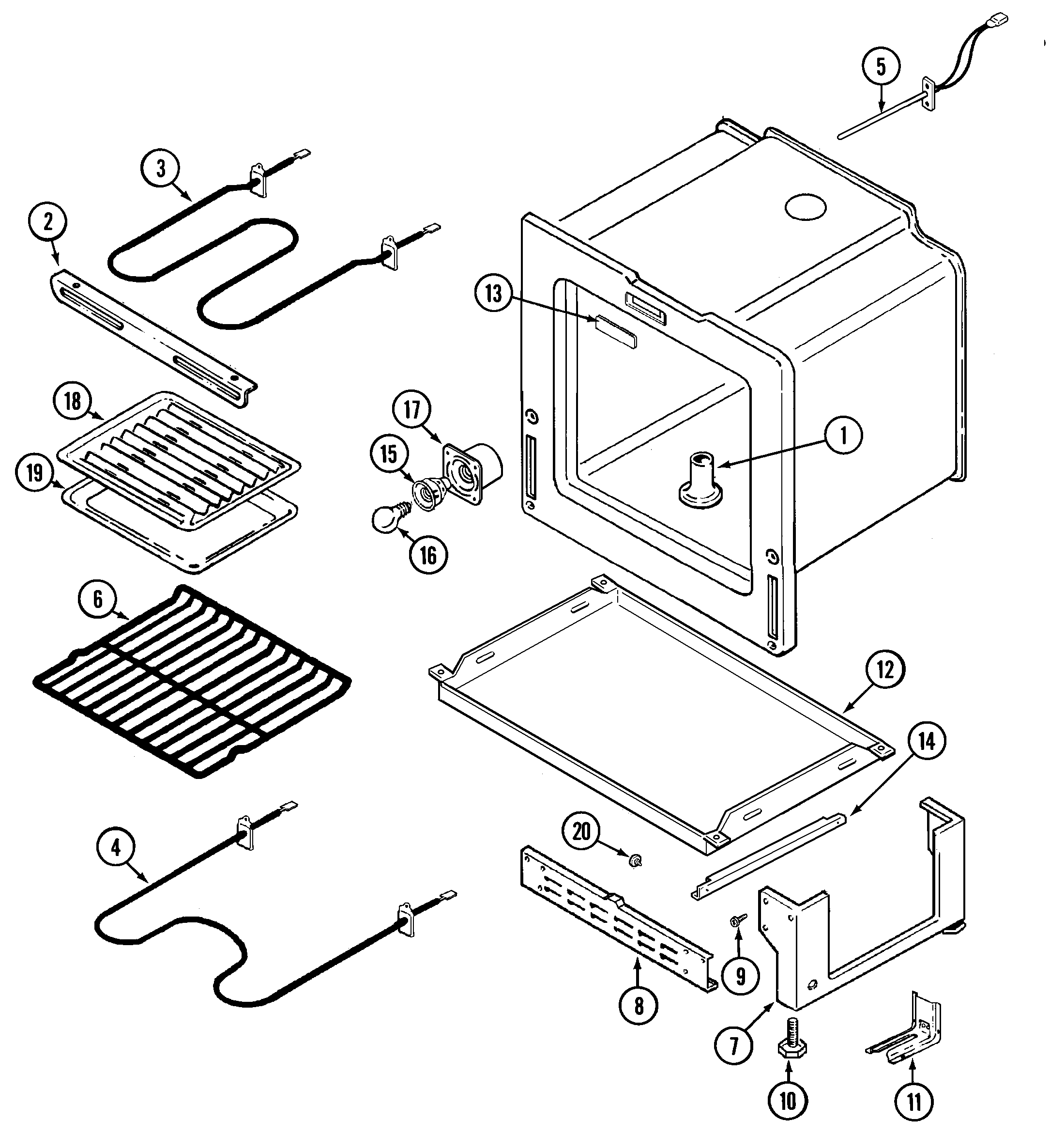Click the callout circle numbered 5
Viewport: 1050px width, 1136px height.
[881, 66]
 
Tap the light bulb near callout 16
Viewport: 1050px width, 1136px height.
[387, 518]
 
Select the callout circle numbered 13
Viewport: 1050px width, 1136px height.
[494, 294]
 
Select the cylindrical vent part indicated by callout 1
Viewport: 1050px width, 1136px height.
[700, 480]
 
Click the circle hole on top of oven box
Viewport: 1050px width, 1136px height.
[805, 208]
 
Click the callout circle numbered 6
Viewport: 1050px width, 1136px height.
[98, 599]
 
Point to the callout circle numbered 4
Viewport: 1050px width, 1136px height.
[116, 848]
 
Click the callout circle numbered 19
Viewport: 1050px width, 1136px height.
[35, 472]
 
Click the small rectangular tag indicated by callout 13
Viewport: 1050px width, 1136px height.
[616, 331]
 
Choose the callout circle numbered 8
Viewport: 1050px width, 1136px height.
[639, 1006]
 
